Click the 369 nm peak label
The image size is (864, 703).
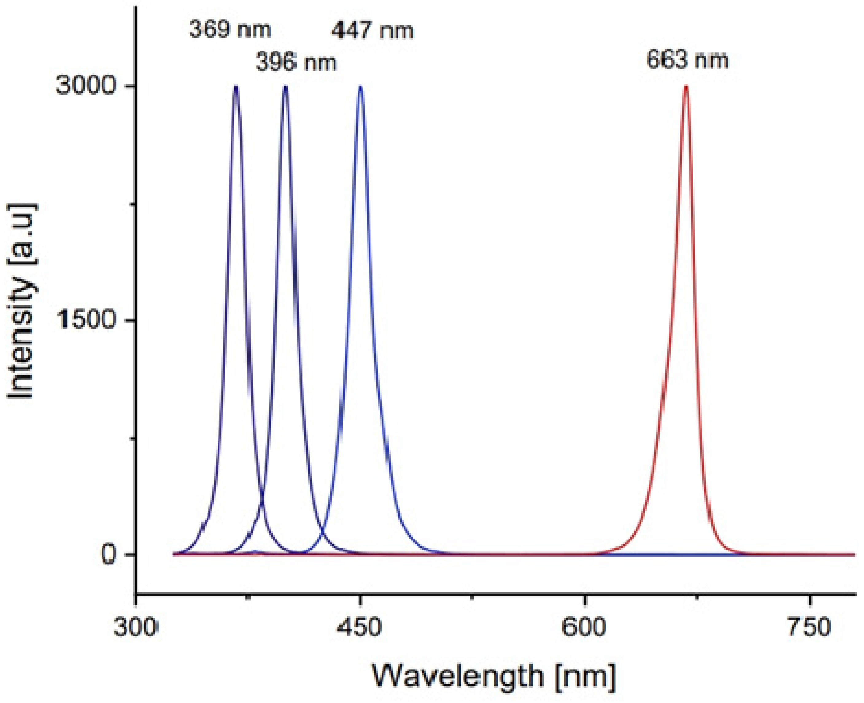[x=230, y=30]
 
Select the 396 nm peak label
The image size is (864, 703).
[x=296, y=63]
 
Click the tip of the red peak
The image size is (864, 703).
[x=686, y=86]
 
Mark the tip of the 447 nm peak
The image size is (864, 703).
[x=360, y=86]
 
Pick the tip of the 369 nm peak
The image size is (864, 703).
[x=236, y=86]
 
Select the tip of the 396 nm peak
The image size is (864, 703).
[x=285, y=86]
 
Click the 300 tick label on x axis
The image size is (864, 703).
[x=134, y=628]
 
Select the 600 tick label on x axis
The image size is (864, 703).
[x=584, y=628]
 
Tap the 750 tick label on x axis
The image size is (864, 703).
[x=808, y=628]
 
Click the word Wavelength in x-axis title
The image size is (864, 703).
[x=457, y=676]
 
